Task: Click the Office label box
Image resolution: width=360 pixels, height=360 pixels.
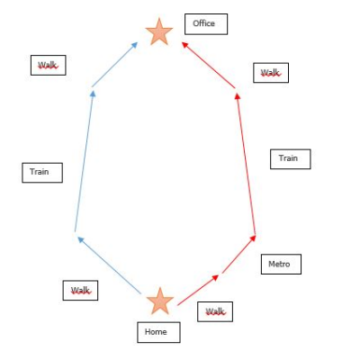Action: pos(206,24)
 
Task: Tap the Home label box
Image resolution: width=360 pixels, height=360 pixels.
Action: pos(158,332)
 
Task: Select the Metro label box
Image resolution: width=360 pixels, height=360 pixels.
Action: pos(281,264)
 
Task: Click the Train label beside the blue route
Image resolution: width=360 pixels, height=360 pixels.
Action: pos(42,173)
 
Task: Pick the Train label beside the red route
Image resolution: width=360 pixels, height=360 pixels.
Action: pos(291,159)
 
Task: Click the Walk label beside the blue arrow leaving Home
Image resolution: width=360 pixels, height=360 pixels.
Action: pos(80,291)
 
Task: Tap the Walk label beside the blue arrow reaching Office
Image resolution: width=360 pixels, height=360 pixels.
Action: pos(49,65)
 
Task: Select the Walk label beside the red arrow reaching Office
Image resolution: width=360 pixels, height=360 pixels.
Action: pos(271,73)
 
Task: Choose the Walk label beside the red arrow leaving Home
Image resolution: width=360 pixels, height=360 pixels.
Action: pos(215,311)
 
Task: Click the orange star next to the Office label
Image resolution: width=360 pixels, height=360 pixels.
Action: pos(159,32)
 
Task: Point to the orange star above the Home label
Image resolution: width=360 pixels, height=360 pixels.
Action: pos(160,301)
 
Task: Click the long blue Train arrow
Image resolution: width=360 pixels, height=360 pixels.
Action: pos(84,161)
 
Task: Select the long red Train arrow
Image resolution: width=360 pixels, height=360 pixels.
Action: pos(246,164)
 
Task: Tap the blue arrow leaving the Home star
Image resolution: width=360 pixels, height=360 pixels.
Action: pos(109,265)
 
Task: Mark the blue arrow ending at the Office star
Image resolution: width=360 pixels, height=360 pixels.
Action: pos(115,65)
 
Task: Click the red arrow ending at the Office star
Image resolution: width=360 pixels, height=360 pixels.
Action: pos(209,65)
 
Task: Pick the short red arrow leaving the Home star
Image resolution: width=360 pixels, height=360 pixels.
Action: pos(198,290)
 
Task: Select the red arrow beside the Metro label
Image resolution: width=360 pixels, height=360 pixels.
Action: pos(239,255)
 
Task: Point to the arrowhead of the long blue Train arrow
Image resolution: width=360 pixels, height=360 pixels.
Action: pos(93,94)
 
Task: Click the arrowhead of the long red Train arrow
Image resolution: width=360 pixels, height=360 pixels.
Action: pos(238,96)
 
